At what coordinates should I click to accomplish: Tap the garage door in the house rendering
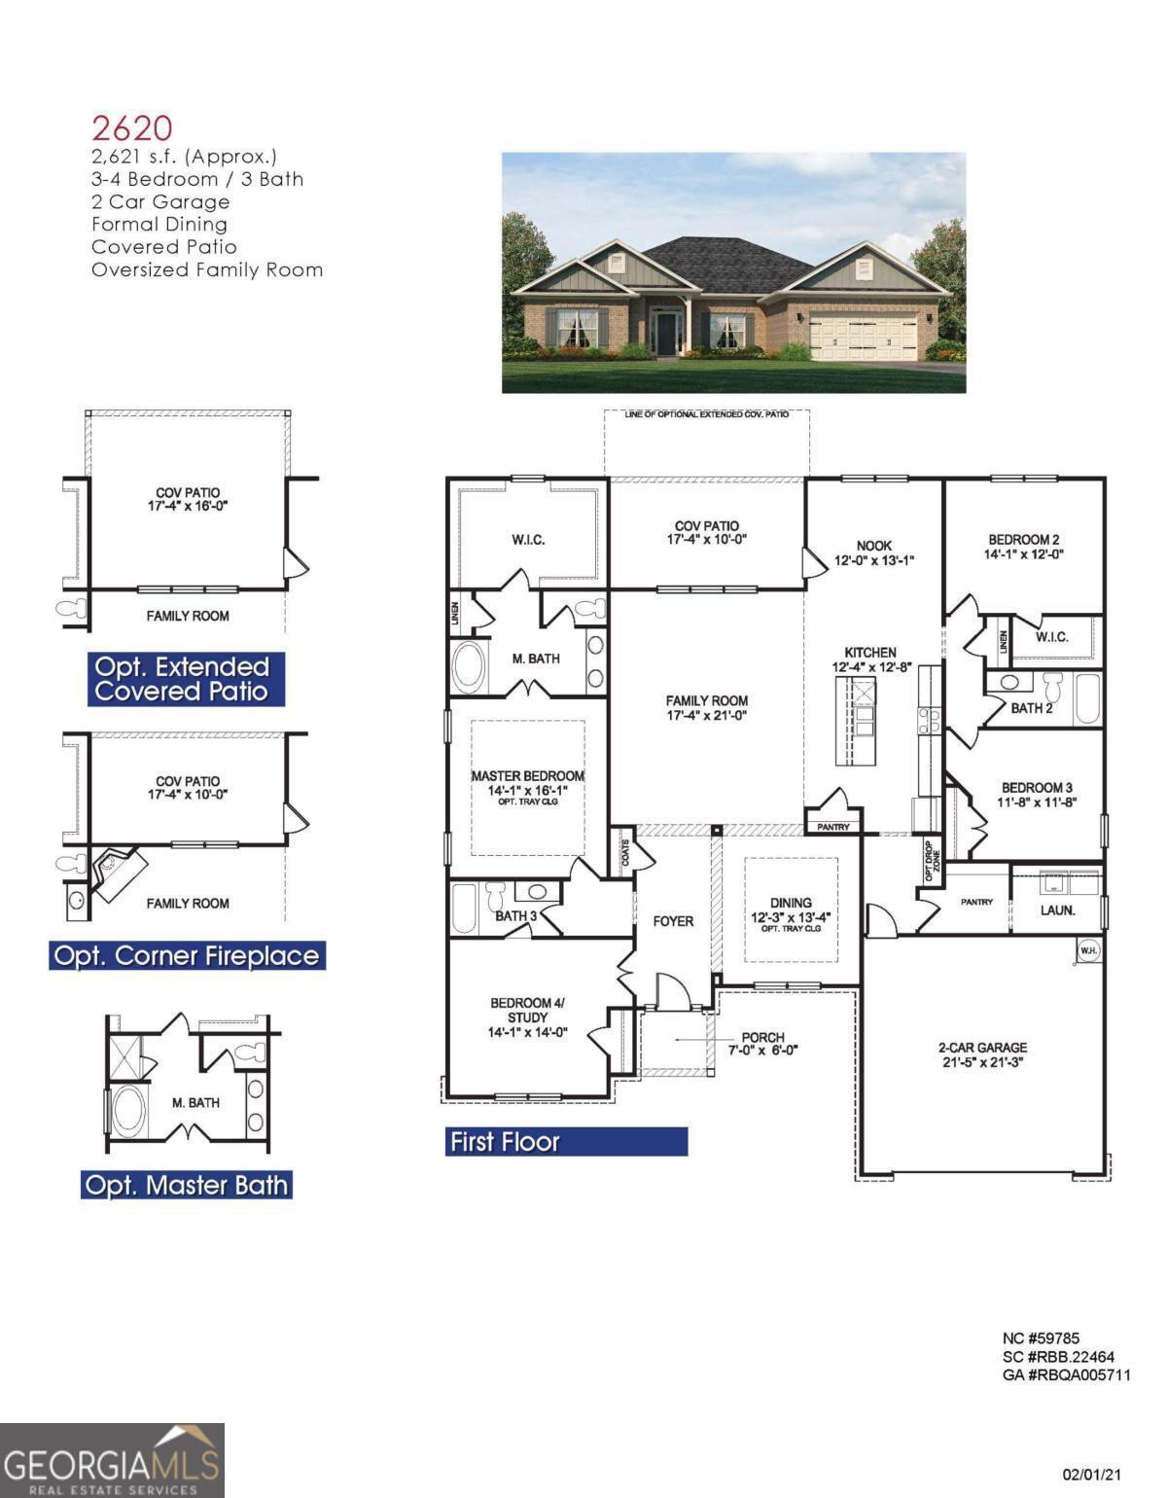pyautogui.click(x=863, y=337)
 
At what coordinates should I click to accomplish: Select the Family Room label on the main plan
pyautogui.click(x=707, y=708)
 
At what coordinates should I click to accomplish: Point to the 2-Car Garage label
pyautogui.click(x=982, y=1054)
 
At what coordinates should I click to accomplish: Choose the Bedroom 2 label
pyautogui.click(x=1024, y=547)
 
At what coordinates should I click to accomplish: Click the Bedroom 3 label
pyautogui.click(x=1037, y=795)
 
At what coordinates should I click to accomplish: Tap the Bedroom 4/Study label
pyautogui.click(x=527, y=1017)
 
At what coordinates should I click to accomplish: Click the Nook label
pyautogui.click(x=874, y=553)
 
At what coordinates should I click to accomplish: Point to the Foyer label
pyautogui.click(x=673, y=921)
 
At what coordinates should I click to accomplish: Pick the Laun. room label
pyautogui.click(x=1057, y=910)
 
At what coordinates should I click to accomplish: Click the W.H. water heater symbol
pyautogui.click(x=1088, y=949)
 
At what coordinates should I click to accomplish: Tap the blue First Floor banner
pyautogui.click(x=568, y=1141)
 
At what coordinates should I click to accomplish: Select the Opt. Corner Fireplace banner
pyautogui.click(x=187, y=955)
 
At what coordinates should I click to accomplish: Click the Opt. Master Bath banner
pyautogui.click(x=187, y=1185)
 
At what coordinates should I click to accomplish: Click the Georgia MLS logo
pyautogui.click(x=112, y=1460)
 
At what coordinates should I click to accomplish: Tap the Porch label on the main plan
pyautogui.click(x=762, y=1043)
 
